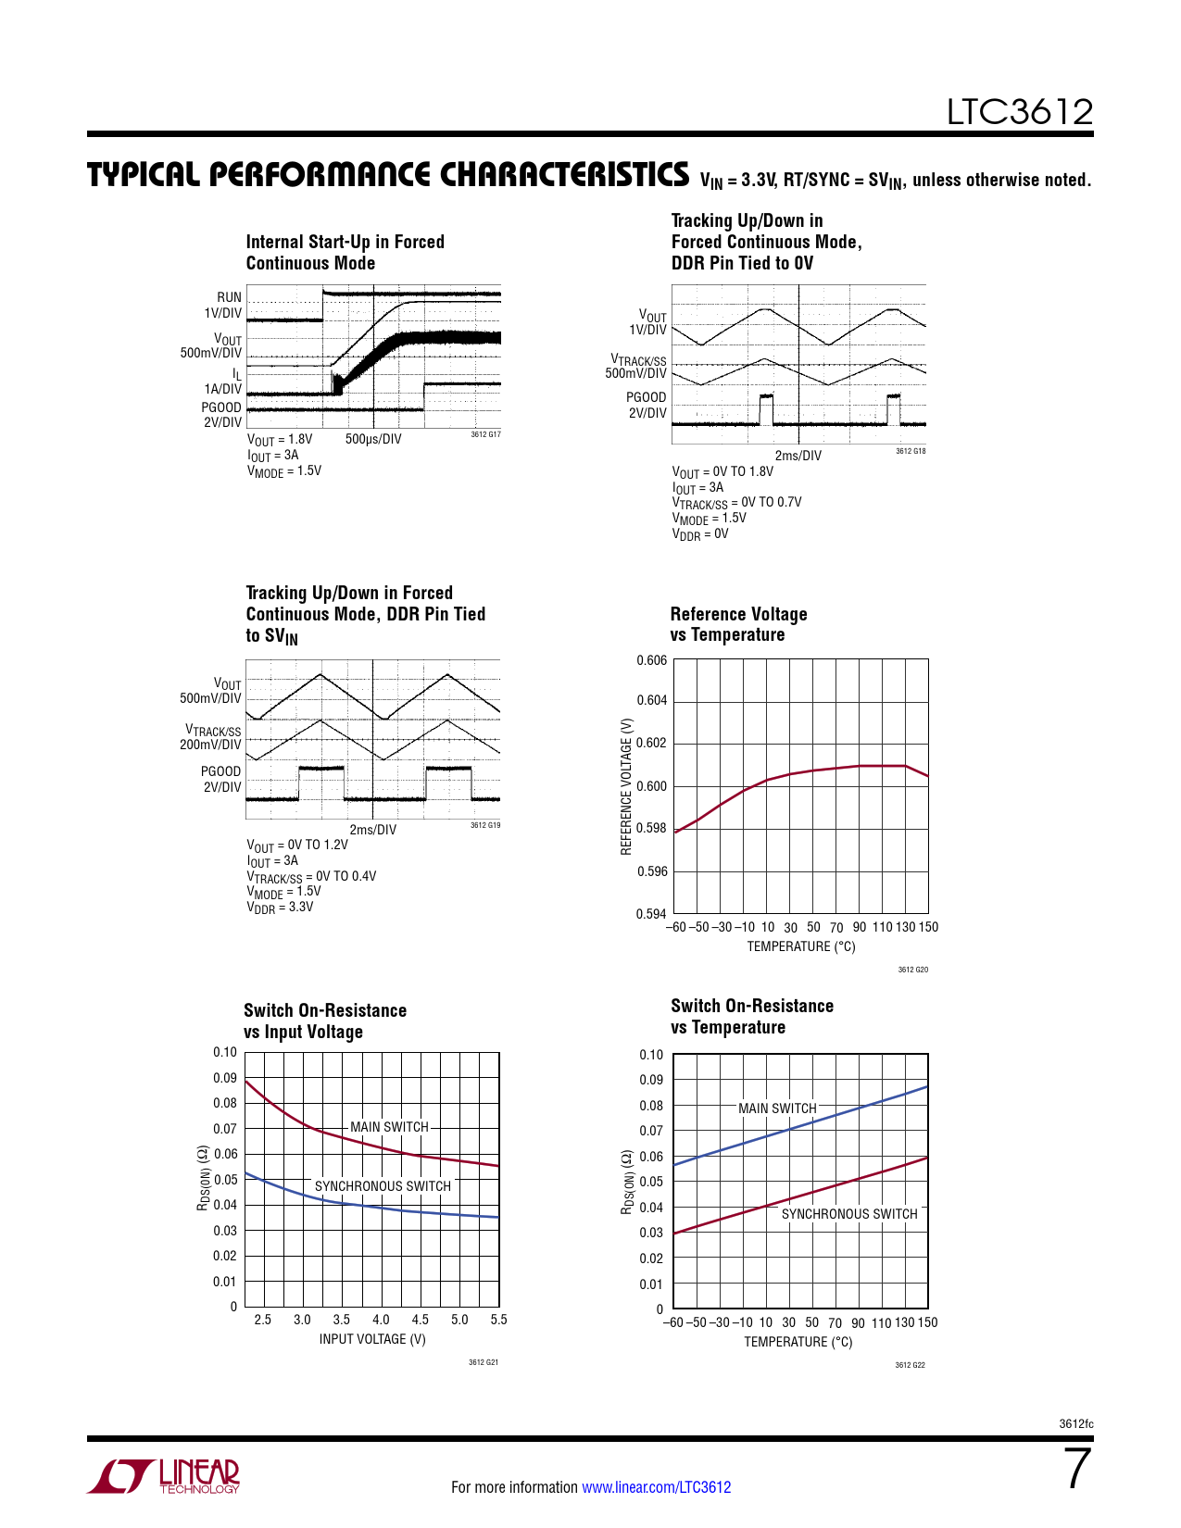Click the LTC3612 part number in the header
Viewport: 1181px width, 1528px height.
[x=1019, y=112]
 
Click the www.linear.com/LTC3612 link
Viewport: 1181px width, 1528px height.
[x=656, y=1487]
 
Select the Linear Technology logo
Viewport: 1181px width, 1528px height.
[x=164, y=1476]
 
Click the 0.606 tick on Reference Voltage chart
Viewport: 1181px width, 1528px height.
[x=651, y=660]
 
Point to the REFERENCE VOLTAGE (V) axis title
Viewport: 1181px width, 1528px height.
[x=626, y=786]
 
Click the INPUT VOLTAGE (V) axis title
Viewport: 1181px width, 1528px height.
[x=372, y=1339]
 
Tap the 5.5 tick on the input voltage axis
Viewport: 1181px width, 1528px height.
[x=498, y=1320]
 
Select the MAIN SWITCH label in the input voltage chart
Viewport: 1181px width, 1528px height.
[x=389, y=1127]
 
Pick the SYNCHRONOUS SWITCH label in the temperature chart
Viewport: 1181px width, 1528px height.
[x=849, y=1214]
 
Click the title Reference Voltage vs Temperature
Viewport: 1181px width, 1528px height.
[x=738, y=624]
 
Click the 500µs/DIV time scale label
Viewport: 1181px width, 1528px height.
[x=373, y=439]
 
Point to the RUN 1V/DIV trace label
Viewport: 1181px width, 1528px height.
[x=224, y=305]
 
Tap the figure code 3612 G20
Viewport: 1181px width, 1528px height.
[x=912, y=970]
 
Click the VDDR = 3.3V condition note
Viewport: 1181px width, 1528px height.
[x=280, y=908]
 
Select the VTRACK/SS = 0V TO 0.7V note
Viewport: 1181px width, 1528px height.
[x=736, y=503]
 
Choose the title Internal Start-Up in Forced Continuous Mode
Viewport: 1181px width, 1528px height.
[x=345, y=252]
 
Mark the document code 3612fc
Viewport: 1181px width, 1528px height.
[x=1075, y=1423]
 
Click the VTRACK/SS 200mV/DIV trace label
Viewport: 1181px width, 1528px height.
[x=212, y=737]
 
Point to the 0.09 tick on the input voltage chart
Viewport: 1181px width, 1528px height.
[x=225, y=1078]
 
